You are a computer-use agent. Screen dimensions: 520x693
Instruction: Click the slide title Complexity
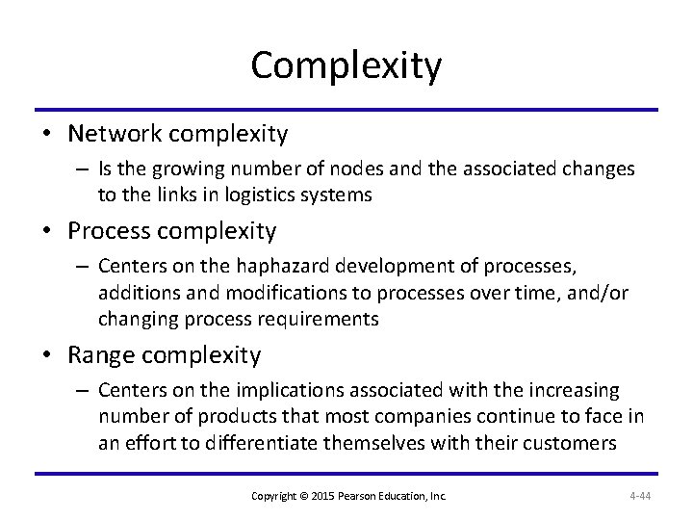tap(346, 65)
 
